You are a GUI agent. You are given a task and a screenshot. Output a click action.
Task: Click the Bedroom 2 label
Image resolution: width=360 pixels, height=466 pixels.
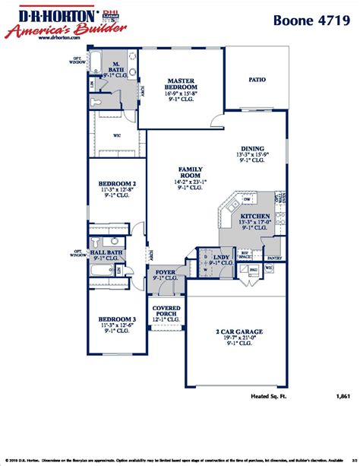tap(117, 184)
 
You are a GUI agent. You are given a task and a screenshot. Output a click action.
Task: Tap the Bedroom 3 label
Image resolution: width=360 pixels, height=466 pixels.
tap(117, 319)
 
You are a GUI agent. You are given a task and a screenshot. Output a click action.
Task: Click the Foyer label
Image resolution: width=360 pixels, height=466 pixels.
tap(166, 272)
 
